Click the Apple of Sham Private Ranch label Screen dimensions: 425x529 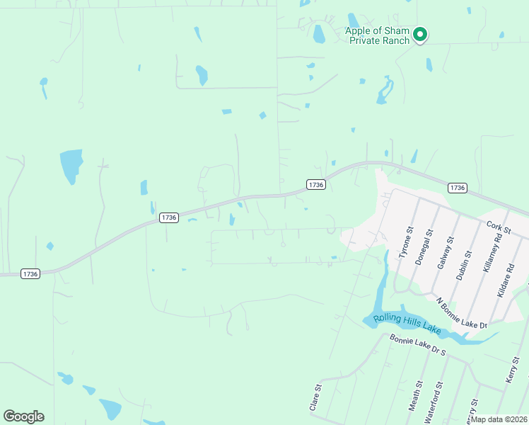(377, 35)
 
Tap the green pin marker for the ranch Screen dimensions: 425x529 (419, 34)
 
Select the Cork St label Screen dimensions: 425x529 (498, 226)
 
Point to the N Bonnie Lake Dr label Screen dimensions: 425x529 (462, 314)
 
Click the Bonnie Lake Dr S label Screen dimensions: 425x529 (418, 344)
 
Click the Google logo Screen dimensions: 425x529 (23, 416)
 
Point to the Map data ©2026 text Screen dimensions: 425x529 (499, 419)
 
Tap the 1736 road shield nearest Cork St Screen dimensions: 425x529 (457, 188)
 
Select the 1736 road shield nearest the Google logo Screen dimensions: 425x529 (30, 273)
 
